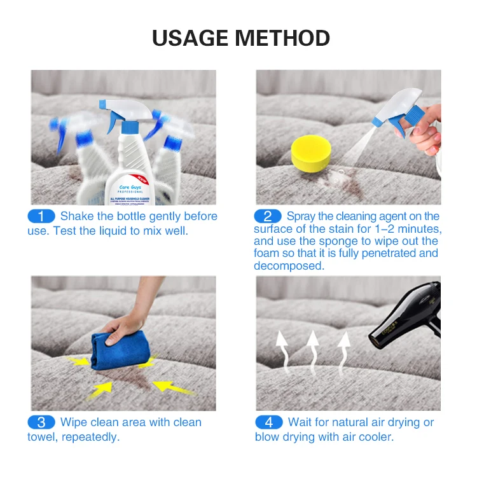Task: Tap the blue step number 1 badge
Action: coord(41,216)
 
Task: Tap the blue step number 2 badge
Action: coord(268,216)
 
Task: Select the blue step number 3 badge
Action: coord(41,422)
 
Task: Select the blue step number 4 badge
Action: coord(268,422)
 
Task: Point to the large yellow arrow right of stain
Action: coord(172,386)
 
